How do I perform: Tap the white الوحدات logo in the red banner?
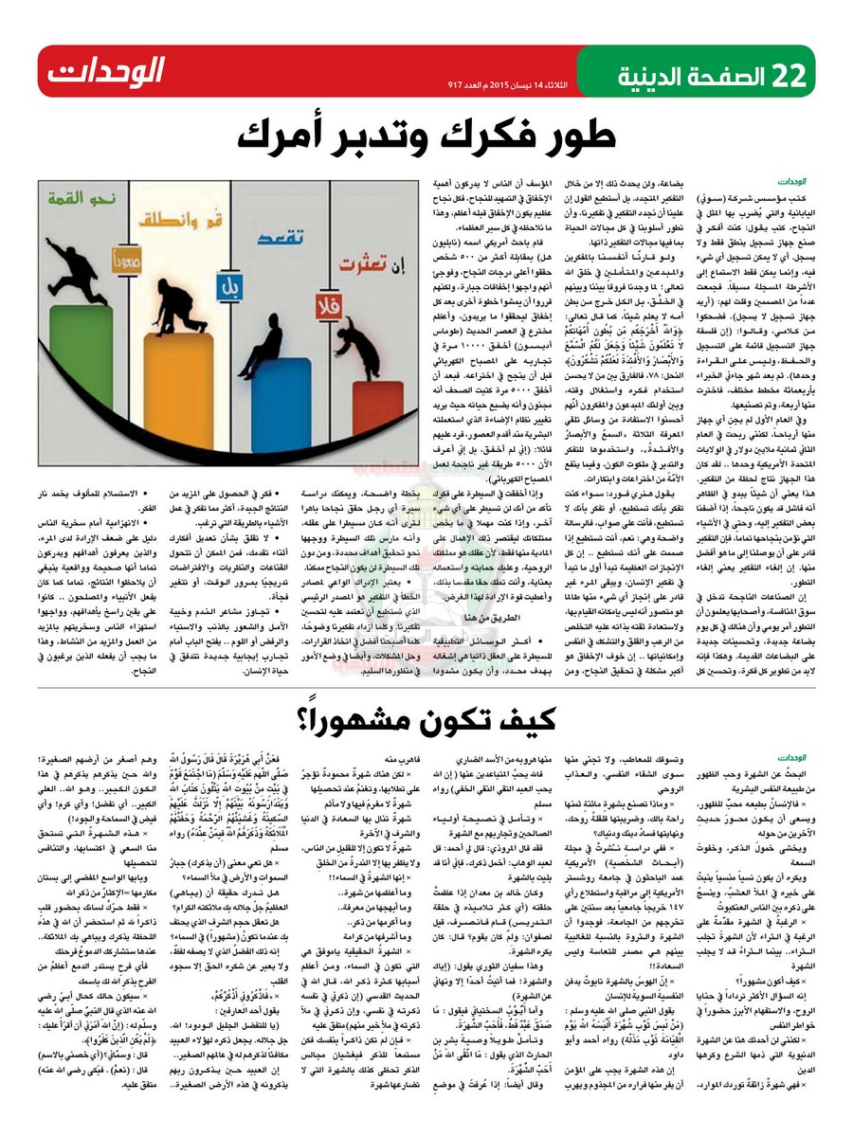coord(105,71)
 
